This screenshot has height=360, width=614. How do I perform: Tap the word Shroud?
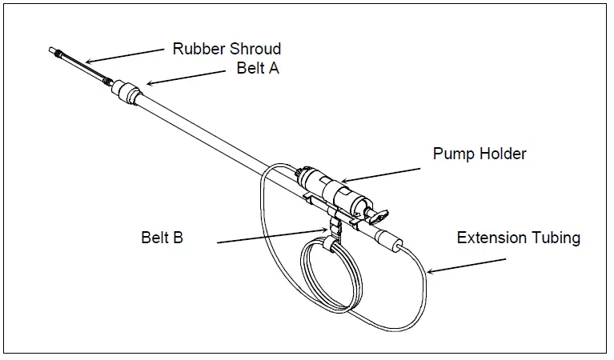[254, 49]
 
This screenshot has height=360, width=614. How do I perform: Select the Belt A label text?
[257, 68]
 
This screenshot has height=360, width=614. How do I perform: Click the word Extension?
[491, 238]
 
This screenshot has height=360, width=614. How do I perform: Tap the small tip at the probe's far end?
[55, 51]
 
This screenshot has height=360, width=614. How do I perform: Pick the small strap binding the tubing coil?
[327, 243]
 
